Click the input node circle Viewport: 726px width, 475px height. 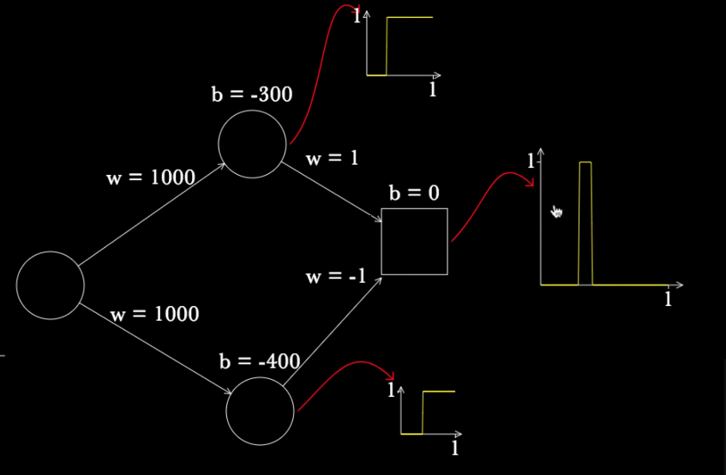51,286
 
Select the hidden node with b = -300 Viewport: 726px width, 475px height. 252,144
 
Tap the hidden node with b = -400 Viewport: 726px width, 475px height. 260,412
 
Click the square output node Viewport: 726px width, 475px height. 414,242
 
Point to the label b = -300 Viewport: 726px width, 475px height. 252,94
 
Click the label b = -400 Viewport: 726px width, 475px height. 259,362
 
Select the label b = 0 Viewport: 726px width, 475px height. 414,194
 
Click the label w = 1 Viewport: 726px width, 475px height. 332,159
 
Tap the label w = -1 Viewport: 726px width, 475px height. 336,277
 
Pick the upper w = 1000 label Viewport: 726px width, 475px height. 150,177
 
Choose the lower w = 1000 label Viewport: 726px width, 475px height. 154,315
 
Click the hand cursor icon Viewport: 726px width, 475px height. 557,212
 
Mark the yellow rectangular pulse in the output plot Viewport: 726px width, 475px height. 585,222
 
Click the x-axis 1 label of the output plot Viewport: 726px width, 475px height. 668,299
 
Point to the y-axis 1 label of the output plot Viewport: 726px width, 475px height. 531,161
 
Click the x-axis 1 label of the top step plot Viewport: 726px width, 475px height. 433,90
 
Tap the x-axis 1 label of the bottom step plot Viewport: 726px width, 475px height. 455,448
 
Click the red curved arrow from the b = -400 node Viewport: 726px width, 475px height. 345,377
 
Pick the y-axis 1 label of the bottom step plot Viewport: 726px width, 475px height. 391,391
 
